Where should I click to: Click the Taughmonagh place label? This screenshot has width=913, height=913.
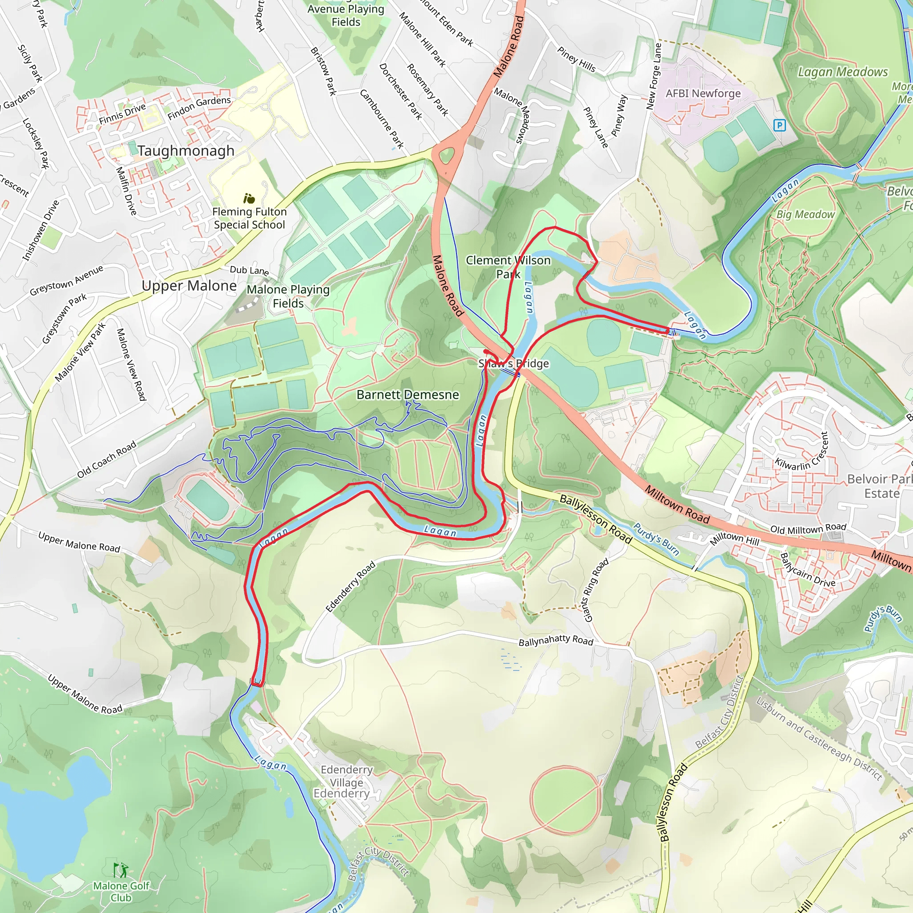[x=186, y=151]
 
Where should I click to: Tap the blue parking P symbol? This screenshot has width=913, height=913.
[x=780, y=125]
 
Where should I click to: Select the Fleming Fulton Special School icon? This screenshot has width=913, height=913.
[x=249, y=198]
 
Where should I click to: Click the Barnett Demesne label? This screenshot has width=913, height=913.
[x=407, y=395]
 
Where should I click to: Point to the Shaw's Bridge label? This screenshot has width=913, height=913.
[x=514, y=363]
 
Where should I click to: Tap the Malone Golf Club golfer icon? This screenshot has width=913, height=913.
[x=120, y=869]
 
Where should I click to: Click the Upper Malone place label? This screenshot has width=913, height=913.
[x=189, y=285]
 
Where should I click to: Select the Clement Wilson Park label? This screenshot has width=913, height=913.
[x=508, y=267]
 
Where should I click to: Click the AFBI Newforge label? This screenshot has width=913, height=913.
[x=703, y=94]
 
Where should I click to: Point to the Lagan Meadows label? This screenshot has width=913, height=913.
[x=843, y=72]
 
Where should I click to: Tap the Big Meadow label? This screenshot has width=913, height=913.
[x=805, y=214]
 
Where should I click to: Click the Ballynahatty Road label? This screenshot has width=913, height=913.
[x=556, y=640]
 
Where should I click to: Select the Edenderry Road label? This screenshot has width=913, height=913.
[x=351, y=587]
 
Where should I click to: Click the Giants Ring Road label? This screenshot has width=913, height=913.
[x=596, y=590]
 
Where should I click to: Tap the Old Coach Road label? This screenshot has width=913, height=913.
[x=107, y=459]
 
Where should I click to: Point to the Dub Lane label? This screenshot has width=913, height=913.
[x=249, y=270]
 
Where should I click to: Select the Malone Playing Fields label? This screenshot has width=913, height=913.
[x=288, y=296]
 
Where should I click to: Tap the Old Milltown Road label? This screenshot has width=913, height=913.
[x=808, y=528]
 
